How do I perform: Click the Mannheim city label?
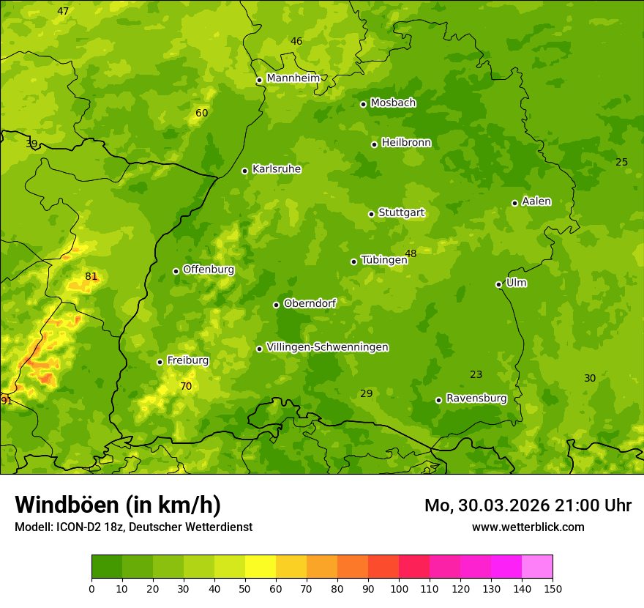click(x=293, y=78)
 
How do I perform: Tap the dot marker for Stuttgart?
click(x=371, y=214)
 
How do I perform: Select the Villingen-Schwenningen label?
click(x=327, y=347)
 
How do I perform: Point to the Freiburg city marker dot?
click(x=160, y=362)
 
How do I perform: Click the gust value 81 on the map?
click(x=91, y=276)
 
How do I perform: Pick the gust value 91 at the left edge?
click(x=6, y=401)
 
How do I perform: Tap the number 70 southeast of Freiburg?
click(x=186, y=386)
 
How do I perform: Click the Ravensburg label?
click(x=476, y=398)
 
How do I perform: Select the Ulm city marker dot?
click(x=498, y=284)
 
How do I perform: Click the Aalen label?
click(x=536, y=201)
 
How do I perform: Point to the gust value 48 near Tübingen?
click(x=411, y=253)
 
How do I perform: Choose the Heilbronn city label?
click(x=406, y=143)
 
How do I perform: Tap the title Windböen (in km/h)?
click(x=118, y=505)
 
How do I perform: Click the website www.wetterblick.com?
click(x=528, y=527)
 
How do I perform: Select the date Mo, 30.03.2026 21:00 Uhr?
click(x=528, y=505)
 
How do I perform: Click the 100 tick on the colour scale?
click(x=399, y=588)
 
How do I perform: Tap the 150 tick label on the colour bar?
click(x=553, y=588)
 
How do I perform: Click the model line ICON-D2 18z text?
click(x=133, y=527)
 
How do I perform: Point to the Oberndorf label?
click(x=310, y=303)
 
